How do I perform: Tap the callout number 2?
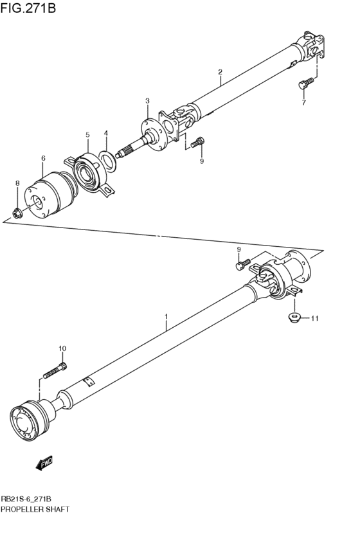(220, 71)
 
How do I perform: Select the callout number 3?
(147, 101)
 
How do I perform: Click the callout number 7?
(304, 103)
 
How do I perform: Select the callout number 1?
(166, 316)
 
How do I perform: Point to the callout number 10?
(62, 348)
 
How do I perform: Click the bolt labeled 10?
(55, 371)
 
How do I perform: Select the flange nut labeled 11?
(292, 318)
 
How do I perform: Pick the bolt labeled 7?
(305, 82)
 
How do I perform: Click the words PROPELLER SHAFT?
(35, 508)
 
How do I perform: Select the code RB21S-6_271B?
(26, 499)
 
